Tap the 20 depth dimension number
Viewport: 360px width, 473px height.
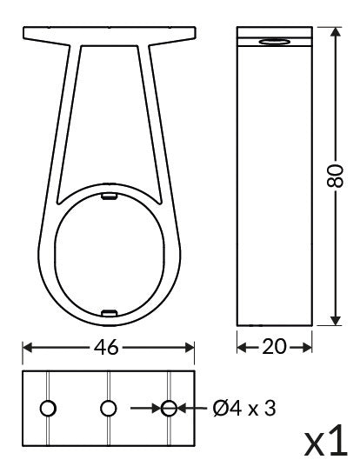click(274, 347)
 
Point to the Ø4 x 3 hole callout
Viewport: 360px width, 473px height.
click(243, 407)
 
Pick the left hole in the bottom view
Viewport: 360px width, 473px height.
click(49, 407)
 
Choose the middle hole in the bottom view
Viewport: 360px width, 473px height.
click(108, 407)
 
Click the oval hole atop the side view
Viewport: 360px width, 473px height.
click(275, 42)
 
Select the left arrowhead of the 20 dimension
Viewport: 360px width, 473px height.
click(243, 347)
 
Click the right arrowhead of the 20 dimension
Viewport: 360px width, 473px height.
click(306, 347)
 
